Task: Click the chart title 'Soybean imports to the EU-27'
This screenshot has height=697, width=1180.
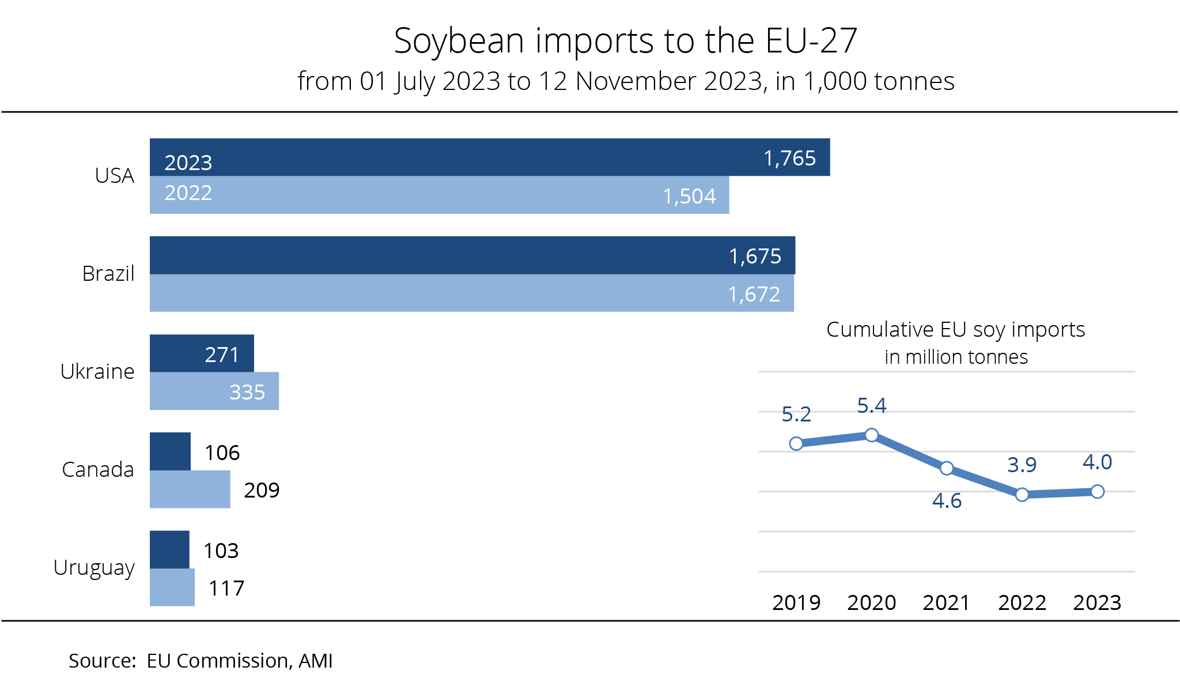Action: pyautogui.click(x=626, y=41)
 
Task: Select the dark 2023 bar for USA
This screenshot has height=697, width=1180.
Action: pyautogui.click(x=490, y=157)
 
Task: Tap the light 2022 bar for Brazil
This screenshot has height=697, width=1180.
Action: pyautogui.click(x=471, y=293)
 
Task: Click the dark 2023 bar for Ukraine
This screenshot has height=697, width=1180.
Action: pyautogui.click(x=202, y=353)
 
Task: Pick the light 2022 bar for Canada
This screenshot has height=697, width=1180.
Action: pyautogui.click(x=190, y=489)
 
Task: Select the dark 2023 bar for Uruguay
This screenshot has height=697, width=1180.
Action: pyautogui.click(x=169, y=549)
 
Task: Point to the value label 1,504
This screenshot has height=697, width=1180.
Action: pyautogui.click(x=689, y=197)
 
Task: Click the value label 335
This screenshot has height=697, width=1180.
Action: pyautogui.click(x=247, y=393)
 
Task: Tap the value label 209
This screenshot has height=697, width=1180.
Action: pyautogui.click(x=262, y=491)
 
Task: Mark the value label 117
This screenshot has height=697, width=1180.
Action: pyautogui.click(x=226, y=589)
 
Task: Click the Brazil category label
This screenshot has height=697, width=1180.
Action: pyautogui.click(x=108, y=274)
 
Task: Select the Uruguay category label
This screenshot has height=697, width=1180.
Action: pyautogui.click(x=94, y=568)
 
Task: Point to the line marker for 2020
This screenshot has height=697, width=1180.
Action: pyautogui.click(x=872, y=435)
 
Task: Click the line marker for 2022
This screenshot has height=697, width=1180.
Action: pyautogui.click(x=1022, y=495)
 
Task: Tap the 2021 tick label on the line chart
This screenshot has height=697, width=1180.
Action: pyautogui.click(x=947, y=603)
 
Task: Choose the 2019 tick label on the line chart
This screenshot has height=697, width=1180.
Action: pyautogui.click(x=796, y=603)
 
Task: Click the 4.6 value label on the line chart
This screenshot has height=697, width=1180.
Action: pyautogui.click(x=947, y=501)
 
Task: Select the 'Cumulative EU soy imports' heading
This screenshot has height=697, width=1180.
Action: pyautogui.click(x=955, y=330)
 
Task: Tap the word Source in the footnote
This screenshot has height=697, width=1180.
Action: pyautogui.click(x=101, y=661)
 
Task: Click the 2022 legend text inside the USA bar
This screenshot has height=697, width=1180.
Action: pyautogui.click(x=188, y=193)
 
